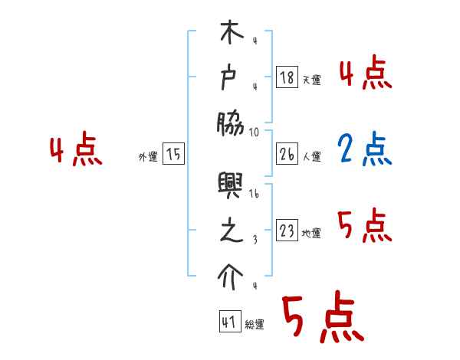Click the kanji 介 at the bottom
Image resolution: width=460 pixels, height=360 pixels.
click(232, 277)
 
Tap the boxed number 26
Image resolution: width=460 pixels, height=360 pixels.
click(286, 153)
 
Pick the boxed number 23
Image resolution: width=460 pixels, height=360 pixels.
click(286, 231)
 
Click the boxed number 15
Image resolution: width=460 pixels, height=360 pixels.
click(173, 154)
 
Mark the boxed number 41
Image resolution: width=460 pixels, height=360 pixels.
click(228, 321)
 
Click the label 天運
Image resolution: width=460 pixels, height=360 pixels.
click(311, 80)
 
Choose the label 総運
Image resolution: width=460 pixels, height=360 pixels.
click(255, 324)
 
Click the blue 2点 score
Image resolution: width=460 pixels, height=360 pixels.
click(365, 151)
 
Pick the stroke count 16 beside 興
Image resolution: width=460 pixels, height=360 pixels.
click(254, 195)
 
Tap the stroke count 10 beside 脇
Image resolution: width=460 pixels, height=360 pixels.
click(254, 131)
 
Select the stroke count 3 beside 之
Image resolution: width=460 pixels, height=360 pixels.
click(254, 239)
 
